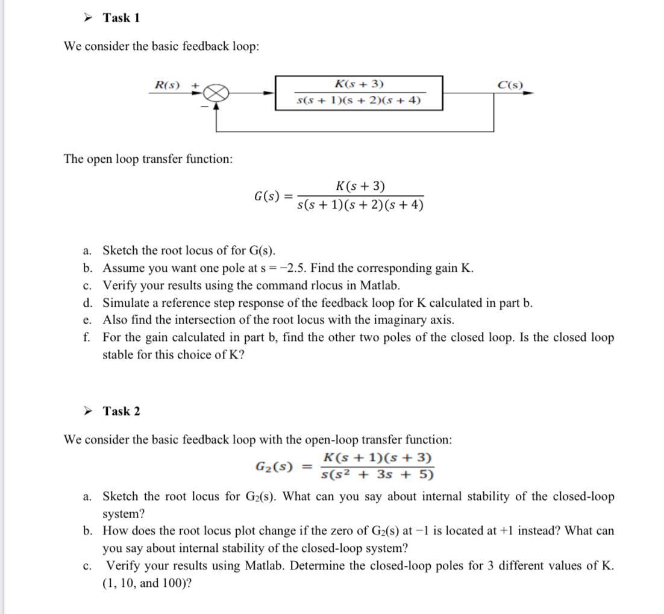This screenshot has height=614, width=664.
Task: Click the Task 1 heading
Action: click(x=121, y=18)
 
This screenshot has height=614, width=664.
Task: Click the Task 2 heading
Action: click(x=121, y=412)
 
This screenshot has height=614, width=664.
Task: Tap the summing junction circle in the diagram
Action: click(x=218, y=93)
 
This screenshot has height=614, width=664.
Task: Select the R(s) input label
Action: click(x=167, y=85)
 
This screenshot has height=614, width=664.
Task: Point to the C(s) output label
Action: click(x=510, y=85)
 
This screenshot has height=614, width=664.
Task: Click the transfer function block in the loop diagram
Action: click(x=359, y=93)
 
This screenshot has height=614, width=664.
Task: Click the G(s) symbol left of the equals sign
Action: click(x=266, y=196)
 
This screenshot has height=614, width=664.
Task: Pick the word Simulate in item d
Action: click(x=125, y=303)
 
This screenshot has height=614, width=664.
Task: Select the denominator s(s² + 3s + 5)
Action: click(x=377, y=475)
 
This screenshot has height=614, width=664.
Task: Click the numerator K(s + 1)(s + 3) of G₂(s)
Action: click(x=377, y=458)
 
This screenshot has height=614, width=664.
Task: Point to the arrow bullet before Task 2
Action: click(x=88, y=412)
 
